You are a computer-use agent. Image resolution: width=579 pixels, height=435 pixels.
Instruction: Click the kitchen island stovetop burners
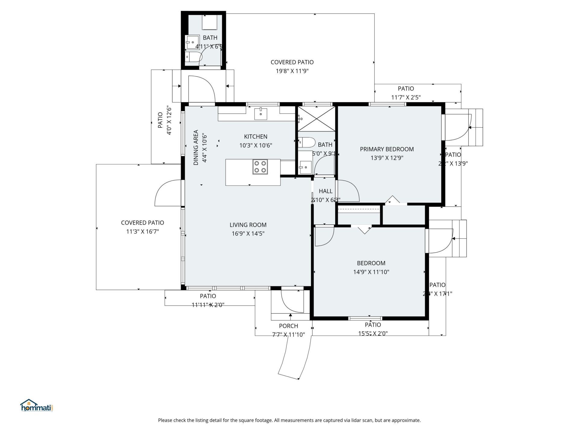260,167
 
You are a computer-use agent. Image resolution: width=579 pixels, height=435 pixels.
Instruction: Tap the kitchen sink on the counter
261,114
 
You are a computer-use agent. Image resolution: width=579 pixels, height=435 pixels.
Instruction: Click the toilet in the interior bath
306,142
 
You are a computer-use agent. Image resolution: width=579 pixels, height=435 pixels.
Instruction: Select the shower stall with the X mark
316,119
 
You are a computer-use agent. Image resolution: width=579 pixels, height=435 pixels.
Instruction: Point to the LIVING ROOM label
248,225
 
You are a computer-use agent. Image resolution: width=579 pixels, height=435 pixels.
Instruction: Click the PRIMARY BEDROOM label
387,149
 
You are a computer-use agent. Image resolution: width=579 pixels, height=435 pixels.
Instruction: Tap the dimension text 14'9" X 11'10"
371,272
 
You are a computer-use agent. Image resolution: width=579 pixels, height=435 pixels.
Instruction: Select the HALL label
325,191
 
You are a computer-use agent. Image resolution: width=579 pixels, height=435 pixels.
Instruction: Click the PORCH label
288,326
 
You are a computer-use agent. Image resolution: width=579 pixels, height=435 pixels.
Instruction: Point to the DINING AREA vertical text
196,147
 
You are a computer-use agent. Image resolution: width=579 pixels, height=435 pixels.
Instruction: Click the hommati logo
36,406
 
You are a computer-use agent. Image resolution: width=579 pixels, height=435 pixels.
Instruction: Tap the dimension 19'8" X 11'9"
292,71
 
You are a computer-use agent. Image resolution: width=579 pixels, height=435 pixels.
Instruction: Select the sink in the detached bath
192,42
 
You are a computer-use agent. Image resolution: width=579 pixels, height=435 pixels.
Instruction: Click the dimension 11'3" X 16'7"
142,232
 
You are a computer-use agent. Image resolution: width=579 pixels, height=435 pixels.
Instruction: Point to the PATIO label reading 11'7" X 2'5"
406,89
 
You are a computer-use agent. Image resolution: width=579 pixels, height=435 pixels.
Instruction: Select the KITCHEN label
255,137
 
